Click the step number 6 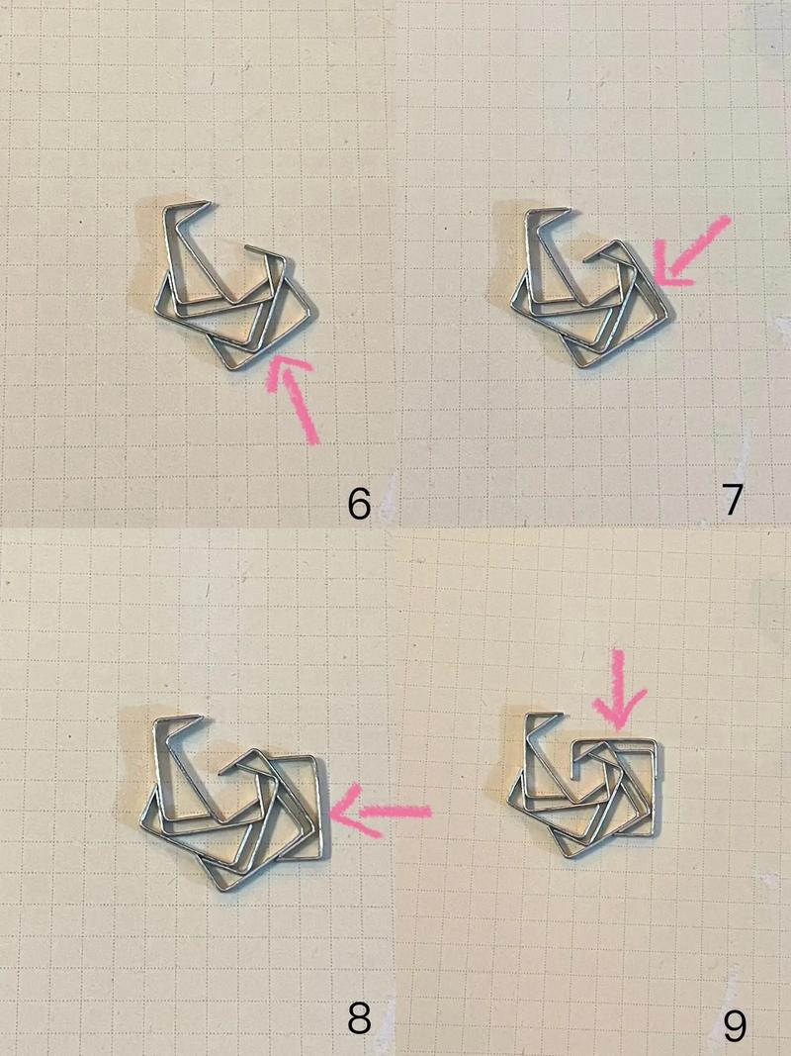(x=359, y=503)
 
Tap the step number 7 (x=733, y=500)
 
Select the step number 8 (x=359, y=1018)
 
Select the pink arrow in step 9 (x=618, y=690)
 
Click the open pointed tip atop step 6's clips (x=210, y=201)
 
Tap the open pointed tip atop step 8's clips (x=202, y=717)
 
